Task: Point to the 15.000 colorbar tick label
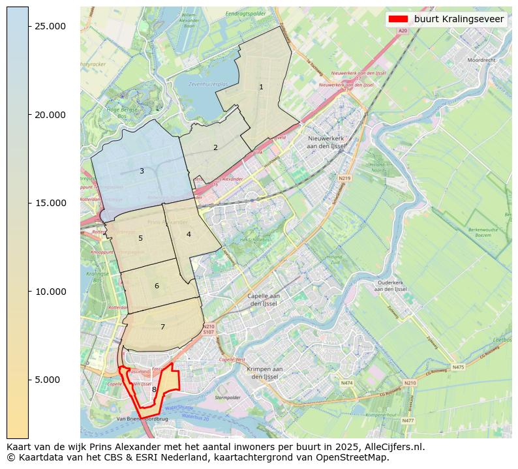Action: (50, 203)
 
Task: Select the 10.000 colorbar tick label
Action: (50, 292)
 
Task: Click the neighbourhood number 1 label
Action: (261, 87)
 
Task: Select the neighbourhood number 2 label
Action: (215, 147)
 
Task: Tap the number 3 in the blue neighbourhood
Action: (142, 171)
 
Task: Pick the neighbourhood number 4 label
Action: (189, 234)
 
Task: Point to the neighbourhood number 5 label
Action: (140, 238)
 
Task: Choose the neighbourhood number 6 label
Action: (157, 286)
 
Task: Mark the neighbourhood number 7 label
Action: (162, 327)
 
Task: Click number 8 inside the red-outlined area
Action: (154, 389)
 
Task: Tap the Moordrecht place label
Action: (481, 60)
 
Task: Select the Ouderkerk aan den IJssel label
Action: (391, 286)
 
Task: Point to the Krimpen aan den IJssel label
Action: (264, 372)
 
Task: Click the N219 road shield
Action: (344, 178)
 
